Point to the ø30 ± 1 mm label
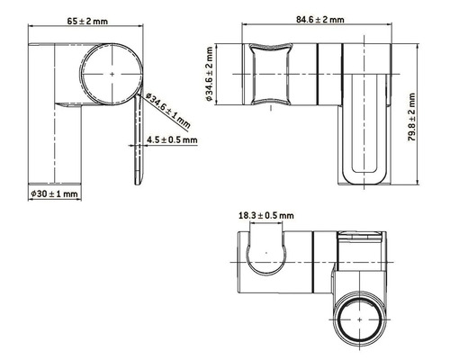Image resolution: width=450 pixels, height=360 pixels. [x=54, y=193]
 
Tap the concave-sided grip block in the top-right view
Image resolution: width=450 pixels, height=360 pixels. [x=271, y=75]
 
